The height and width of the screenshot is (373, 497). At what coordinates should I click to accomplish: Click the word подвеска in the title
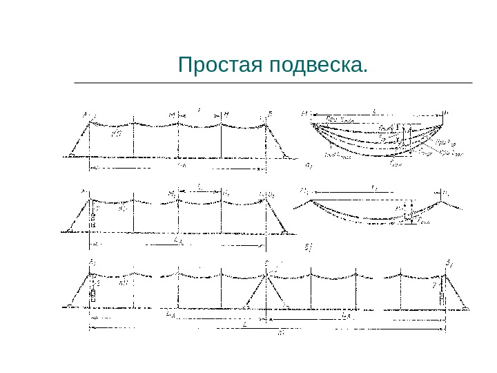[318, 66]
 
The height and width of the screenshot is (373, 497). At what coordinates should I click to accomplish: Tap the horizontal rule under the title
[273, 83]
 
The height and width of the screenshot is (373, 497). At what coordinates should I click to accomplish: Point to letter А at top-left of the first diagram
[86, 114]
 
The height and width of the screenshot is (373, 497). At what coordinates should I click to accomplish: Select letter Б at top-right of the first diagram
[270, 113]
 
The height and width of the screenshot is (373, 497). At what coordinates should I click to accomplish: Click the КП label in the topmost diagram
[116, 136]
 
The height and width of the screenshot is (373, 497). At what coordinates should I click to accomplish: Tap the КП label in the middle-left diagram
[124, 208]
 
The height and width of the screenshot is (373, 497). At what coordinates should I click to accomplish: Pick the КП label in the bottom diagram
[124, 283]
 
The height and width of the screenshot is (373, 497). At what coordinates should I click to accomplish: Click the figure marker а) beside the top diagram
[309, 166]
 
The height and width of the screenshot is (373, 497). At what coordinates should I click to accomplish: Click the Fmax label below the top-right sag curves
[394, 164]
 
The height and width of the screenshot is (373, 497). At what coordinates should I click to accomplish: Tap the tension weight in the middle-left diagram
[93, 220]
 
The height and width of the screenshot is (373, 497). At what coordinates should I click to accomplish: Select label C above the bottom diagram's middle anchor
[266, 262]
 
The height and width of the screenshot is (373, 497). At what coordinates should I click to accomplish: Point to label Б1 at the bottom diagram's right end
[449, 262]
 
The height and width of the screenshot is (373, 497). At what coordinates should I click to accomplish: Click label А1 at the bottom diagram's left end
[92, 262]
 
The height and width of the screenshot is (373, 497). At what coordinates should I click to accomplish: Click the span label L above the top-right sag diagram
[373, 111]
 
